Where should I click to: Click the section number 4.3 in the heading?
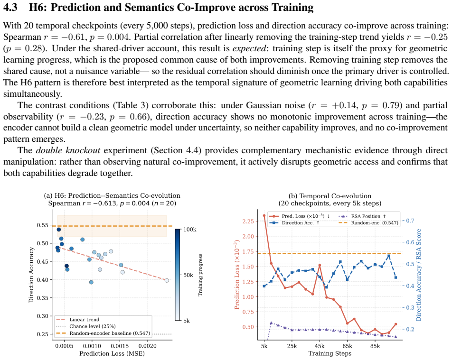(10, 8)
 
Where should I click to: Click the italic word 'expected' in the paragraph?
(249, 48)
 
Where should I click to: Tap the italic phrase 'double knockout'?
(68, 150)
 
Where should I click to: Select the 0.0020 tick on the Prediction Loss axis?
(148, 346)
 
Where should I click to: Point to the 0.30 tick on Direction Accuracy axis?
(42, 316)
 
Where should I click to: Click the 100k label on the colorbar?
(190, 230)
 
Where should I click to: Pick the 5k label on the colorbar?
(187, 321)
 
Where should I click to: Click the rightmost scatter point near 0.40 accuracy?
(167, 280)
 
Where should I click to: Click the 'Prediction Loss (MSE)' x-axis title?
(112, 353)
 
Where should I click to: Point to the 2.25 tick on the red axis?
(248, 221)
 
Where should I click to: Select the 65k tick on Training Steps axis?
(348, 346)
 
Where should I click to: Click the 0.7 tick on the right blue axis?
(410, 221)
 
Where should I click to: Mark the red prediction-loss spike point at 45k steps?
(320, 265)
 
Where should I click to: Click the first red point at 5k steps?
(264, 216)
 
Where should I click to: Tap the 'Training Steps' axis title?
(330, 353)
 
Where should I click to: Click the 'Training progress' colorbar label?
(200, 275)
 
